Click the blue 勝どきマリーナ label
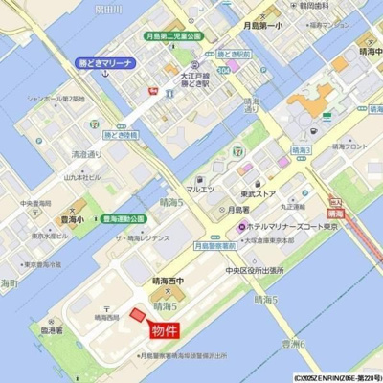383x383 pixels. [106, 63]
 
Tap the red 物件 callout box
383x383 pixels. [165, 331]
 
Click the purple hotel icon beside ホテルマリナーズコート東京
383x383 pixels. [242, 226]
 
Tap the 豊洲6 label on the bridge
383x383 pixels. [292, 343]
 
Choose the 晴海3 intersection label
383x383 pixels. [301, 150]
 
